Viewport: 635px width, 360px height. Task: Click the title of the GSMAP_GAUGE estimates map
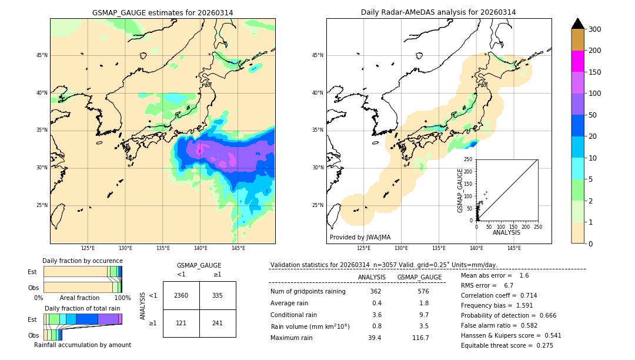(162, 12)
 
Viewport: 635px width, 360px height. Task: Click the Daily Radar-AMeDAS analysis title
(438, 12)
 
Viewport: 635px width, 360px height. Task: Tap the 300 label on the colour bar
(595, 29)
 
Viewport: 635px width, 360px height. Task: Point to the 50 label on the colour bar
(593, 115)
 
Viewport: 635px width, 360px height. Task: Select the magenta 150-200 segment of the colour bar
(578, 61)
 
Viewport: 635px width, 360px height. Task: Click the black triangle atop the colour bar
(578, 24)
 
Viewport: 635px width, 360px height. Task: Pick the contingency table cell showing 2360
(181, 295)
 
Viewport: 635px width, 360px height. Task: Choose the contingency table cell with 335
(218, 295)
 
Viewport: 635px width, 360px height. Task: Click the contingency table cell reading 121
(181, 323)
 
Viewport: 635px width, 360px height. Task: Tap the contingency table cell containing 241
(218, 323)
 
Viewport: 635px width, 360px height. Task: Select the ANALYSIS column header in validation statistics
(372, 277)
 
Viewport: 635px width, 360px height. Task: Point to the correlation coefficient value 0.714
(524, 296)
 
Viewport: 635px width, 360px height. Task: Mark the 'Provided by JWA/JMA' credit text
(360, 238)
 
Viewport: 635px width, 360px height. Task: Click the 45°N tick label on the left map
(41, 55)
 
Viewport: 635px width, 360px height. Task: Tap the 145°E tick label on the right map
(514, 248)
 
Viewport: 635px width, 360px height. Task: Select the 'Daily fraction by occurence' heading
(82, 261)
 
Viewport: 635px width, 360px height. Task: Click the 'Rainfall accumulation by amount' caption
(82, 345)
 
